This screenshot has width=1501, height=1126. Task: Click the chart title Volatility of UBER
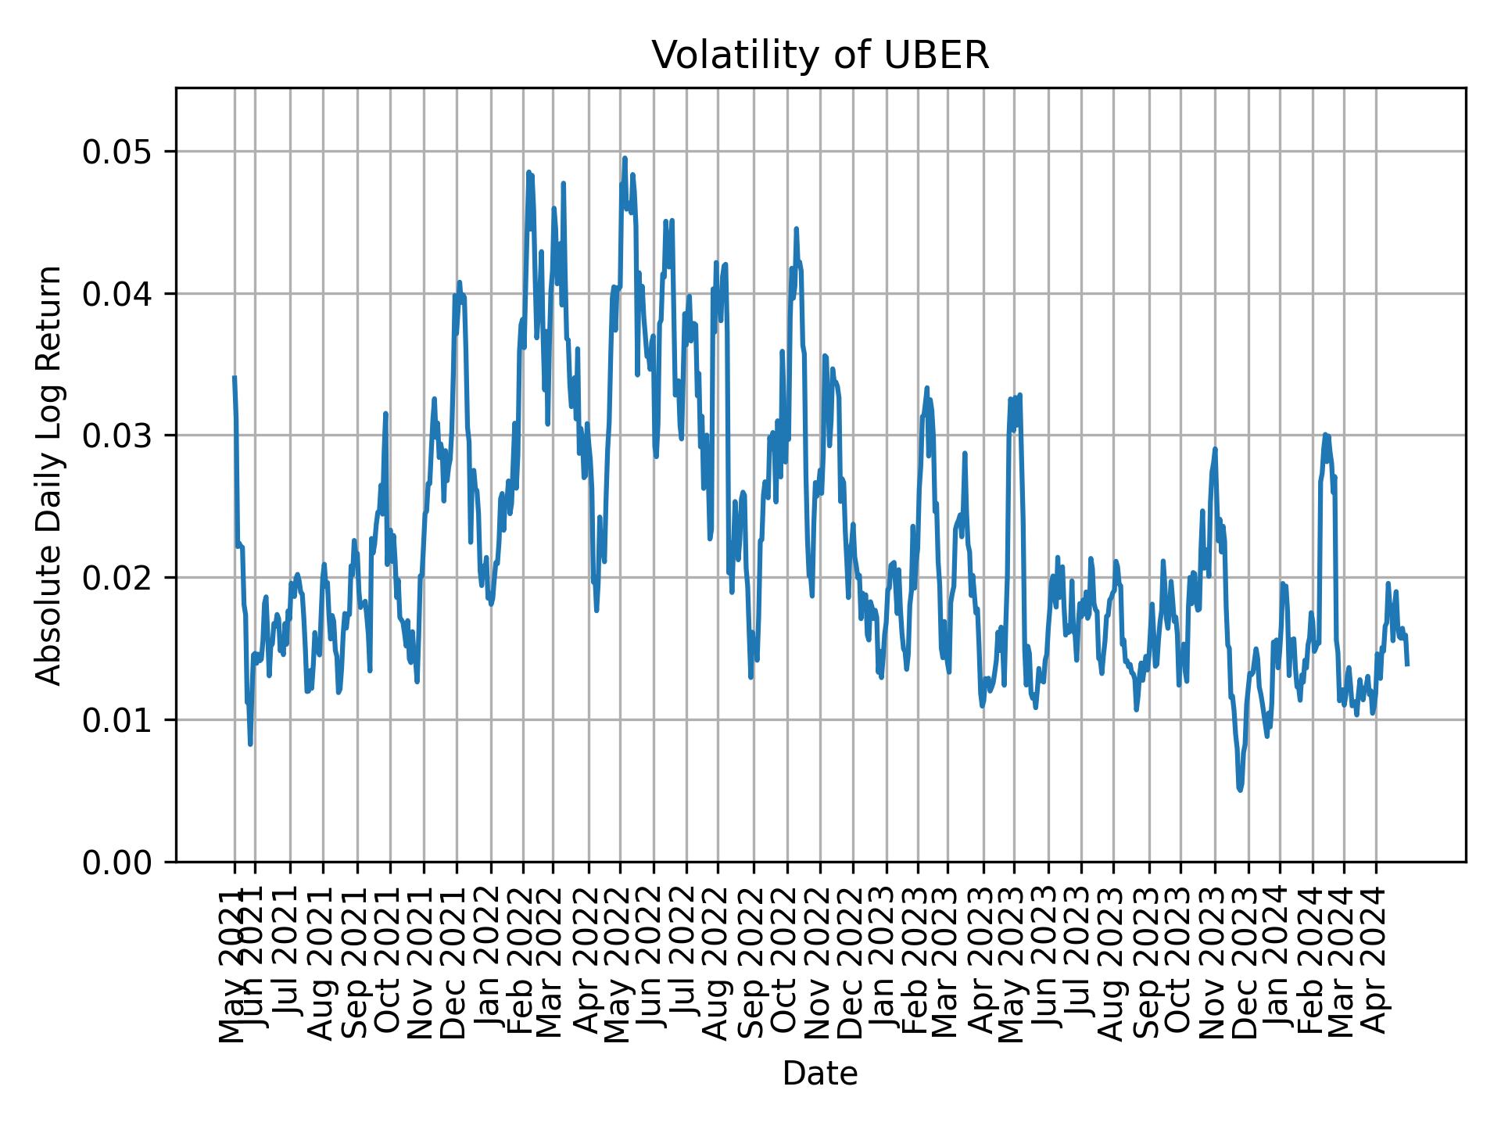[x=820, y=56]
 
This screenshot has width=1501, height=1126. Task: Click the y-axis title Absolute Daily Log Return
[x=50, y=475]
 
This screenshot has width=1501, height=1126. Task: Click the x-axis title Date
[x=820, y=1074]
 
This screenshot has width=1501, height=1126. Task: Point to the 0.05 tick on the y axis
[x=117, y=152]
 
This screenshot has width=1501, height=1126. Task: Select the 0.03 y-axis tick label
[x=117, y=436]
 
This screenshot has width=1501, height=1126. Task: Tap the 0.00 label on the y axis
[x=117, y=862]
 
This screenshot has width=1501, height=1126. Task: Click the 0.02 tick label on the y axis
[x=117, y=578]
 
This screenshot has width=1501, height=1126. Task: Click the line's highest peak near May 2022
[x=625, y=158]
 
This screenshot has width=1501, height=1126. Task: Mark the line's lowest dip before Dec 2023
[x=1240, y=790]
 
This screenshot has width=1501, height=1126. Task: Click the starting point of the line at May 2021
[x=234, y=378]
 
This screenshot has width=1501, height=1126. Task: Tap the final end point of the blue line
[x=1408, y=665]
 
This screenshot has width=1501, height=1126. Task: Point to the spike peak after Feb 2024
[x=1325, y=435]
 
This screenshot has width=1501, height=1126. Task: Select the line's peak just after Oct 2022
[x=796, y=228]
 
